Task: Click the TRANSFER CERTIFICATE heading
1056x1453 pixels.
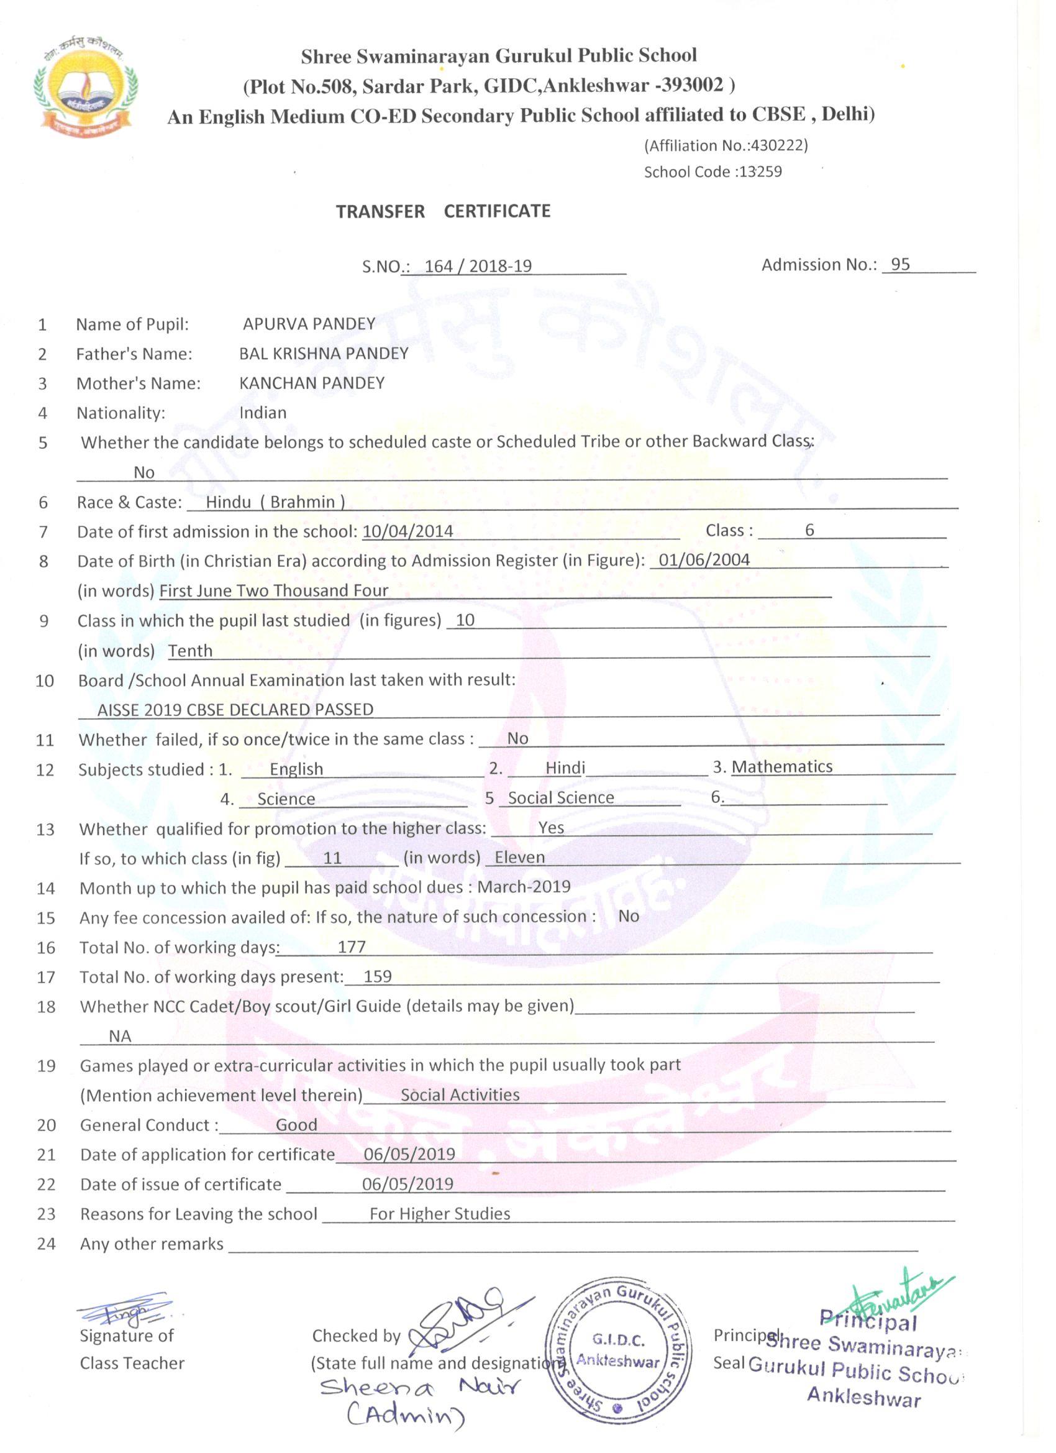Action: [443, 211]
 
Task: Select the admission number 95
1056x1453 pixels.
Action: [899, 265]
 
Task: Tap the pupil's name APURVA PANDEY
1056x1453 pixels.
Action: [309, 324]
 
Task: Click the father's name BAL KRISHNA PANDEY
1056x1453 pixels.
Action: [324, 354]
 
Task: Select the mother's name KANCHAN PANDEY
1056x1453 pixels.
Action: [312, 383]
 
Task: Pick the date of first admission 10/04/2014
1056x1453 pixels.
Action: [407, 531]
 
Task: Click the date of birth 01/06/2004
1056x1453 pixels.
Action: [704, 560]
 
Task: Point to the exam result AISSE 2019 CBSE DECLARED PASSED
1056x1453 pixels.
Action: [235, 710]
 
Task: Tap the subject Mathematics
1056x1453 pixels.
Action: [782, 767]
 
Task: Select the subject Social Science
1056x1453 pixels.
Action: [561, 797]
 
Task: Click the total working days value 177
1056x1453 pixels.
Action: [352, 947]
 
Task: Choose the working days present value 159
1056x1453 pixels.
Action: [377, 976]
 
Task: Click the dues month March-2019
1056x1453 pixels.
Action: [524, 887]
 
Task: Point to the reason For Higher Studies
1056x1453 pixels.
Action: [440, 1213]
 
